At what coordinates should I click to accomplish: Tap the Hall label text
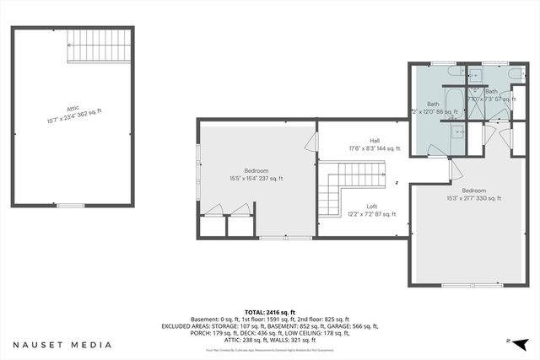tap(374, 144)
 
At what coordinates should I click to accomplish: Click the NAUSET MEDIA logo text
tap(62, 345)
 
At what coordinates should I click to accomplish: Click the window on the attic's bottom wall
tap(72, 205)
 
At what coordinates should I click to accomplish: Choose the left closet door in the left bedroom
tap(213, 212)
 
